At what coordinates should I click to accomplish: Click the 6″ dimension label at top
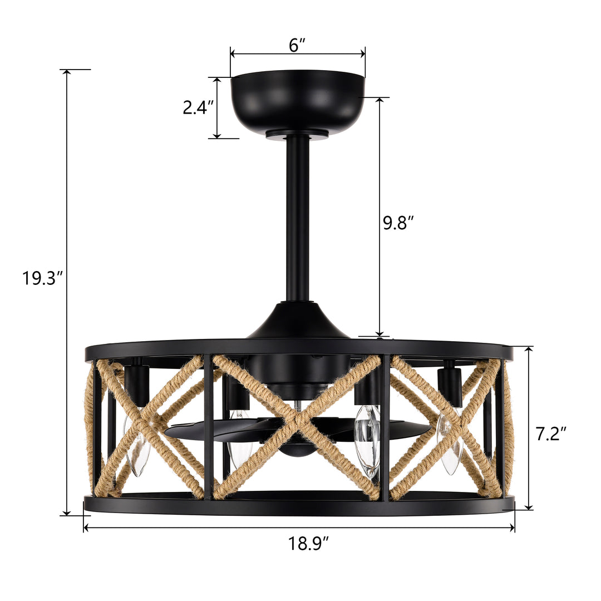[x=298, y=46]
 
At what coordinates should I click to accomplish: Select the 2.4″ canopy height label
[x=198, y=107]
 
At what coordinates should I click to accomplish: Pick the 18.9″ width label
[x=309, y=543]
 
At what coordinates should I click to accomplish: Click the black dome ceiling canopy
[x=297, y=100]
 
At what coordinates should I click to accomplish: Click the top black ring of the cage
[x=298, y=348]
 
